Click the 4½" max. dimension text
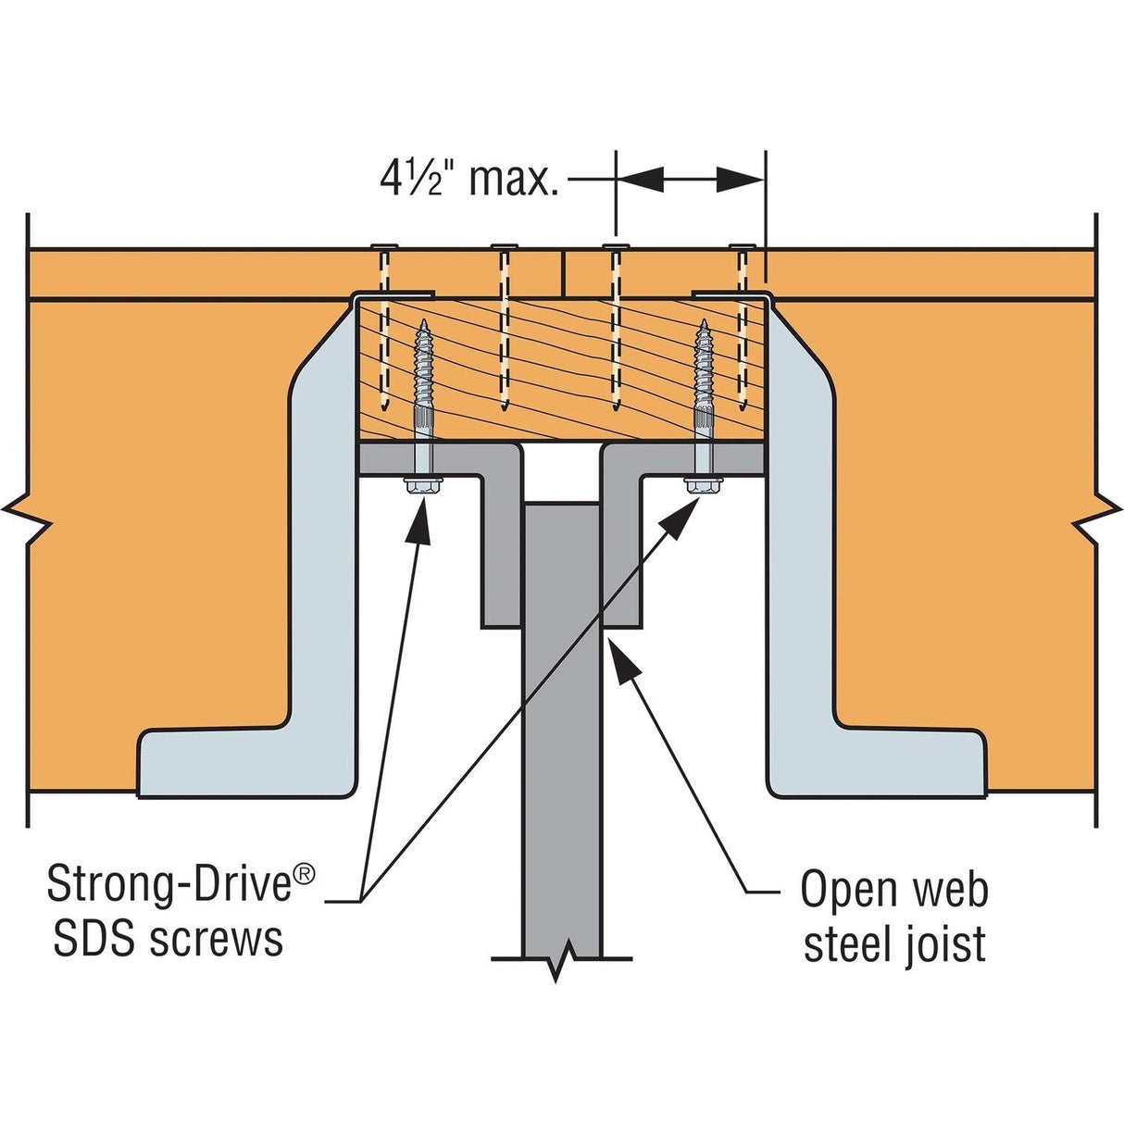click(x=468, y=178)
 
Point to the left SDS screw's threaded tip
click(x=423, y=328)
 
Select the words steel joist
click(x=893, y=944)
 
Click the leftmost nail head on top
click(x=384, y=246)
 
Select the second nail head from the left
click(x=505, y=246)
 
